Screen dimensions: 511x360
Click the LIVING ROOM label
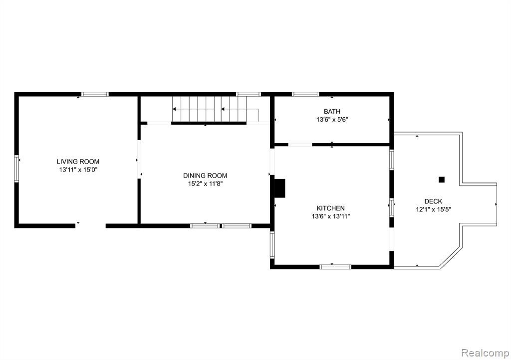78,162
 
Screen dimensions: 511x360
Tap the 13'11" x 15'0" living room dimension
78,170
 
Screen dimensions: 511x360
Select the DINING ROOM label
205,176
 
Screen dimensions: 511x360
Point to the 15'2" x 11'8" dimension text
205,184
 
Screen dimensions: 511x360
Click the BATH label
332,111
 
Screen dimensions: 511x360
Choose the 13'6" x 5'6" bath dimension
332,120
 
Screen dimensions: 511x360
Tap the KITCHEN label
330,208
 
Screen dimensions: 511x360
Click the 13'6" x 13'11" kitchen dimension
330,216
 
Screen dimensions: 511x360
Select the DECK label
433,201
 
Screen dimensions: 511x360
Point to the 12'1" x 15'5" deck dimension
433,209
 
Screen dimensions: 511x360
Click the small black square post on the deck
442,180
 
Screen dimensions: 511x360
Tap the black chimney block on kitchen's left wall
279,188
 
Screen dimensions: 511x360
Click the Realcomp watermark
485,353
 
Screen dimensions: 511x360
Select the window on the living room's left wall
16,168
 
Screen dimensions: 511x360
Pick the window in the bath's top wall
305,94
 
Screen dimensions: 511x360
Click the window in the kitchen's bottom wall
335,267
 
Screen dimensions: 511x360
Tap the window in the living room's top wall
95,94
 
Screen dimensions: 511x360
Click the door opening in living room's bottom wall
91,225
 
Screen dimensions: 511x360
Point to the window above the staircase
249,94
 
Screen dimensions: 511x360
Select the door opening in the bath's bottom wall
300,145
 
